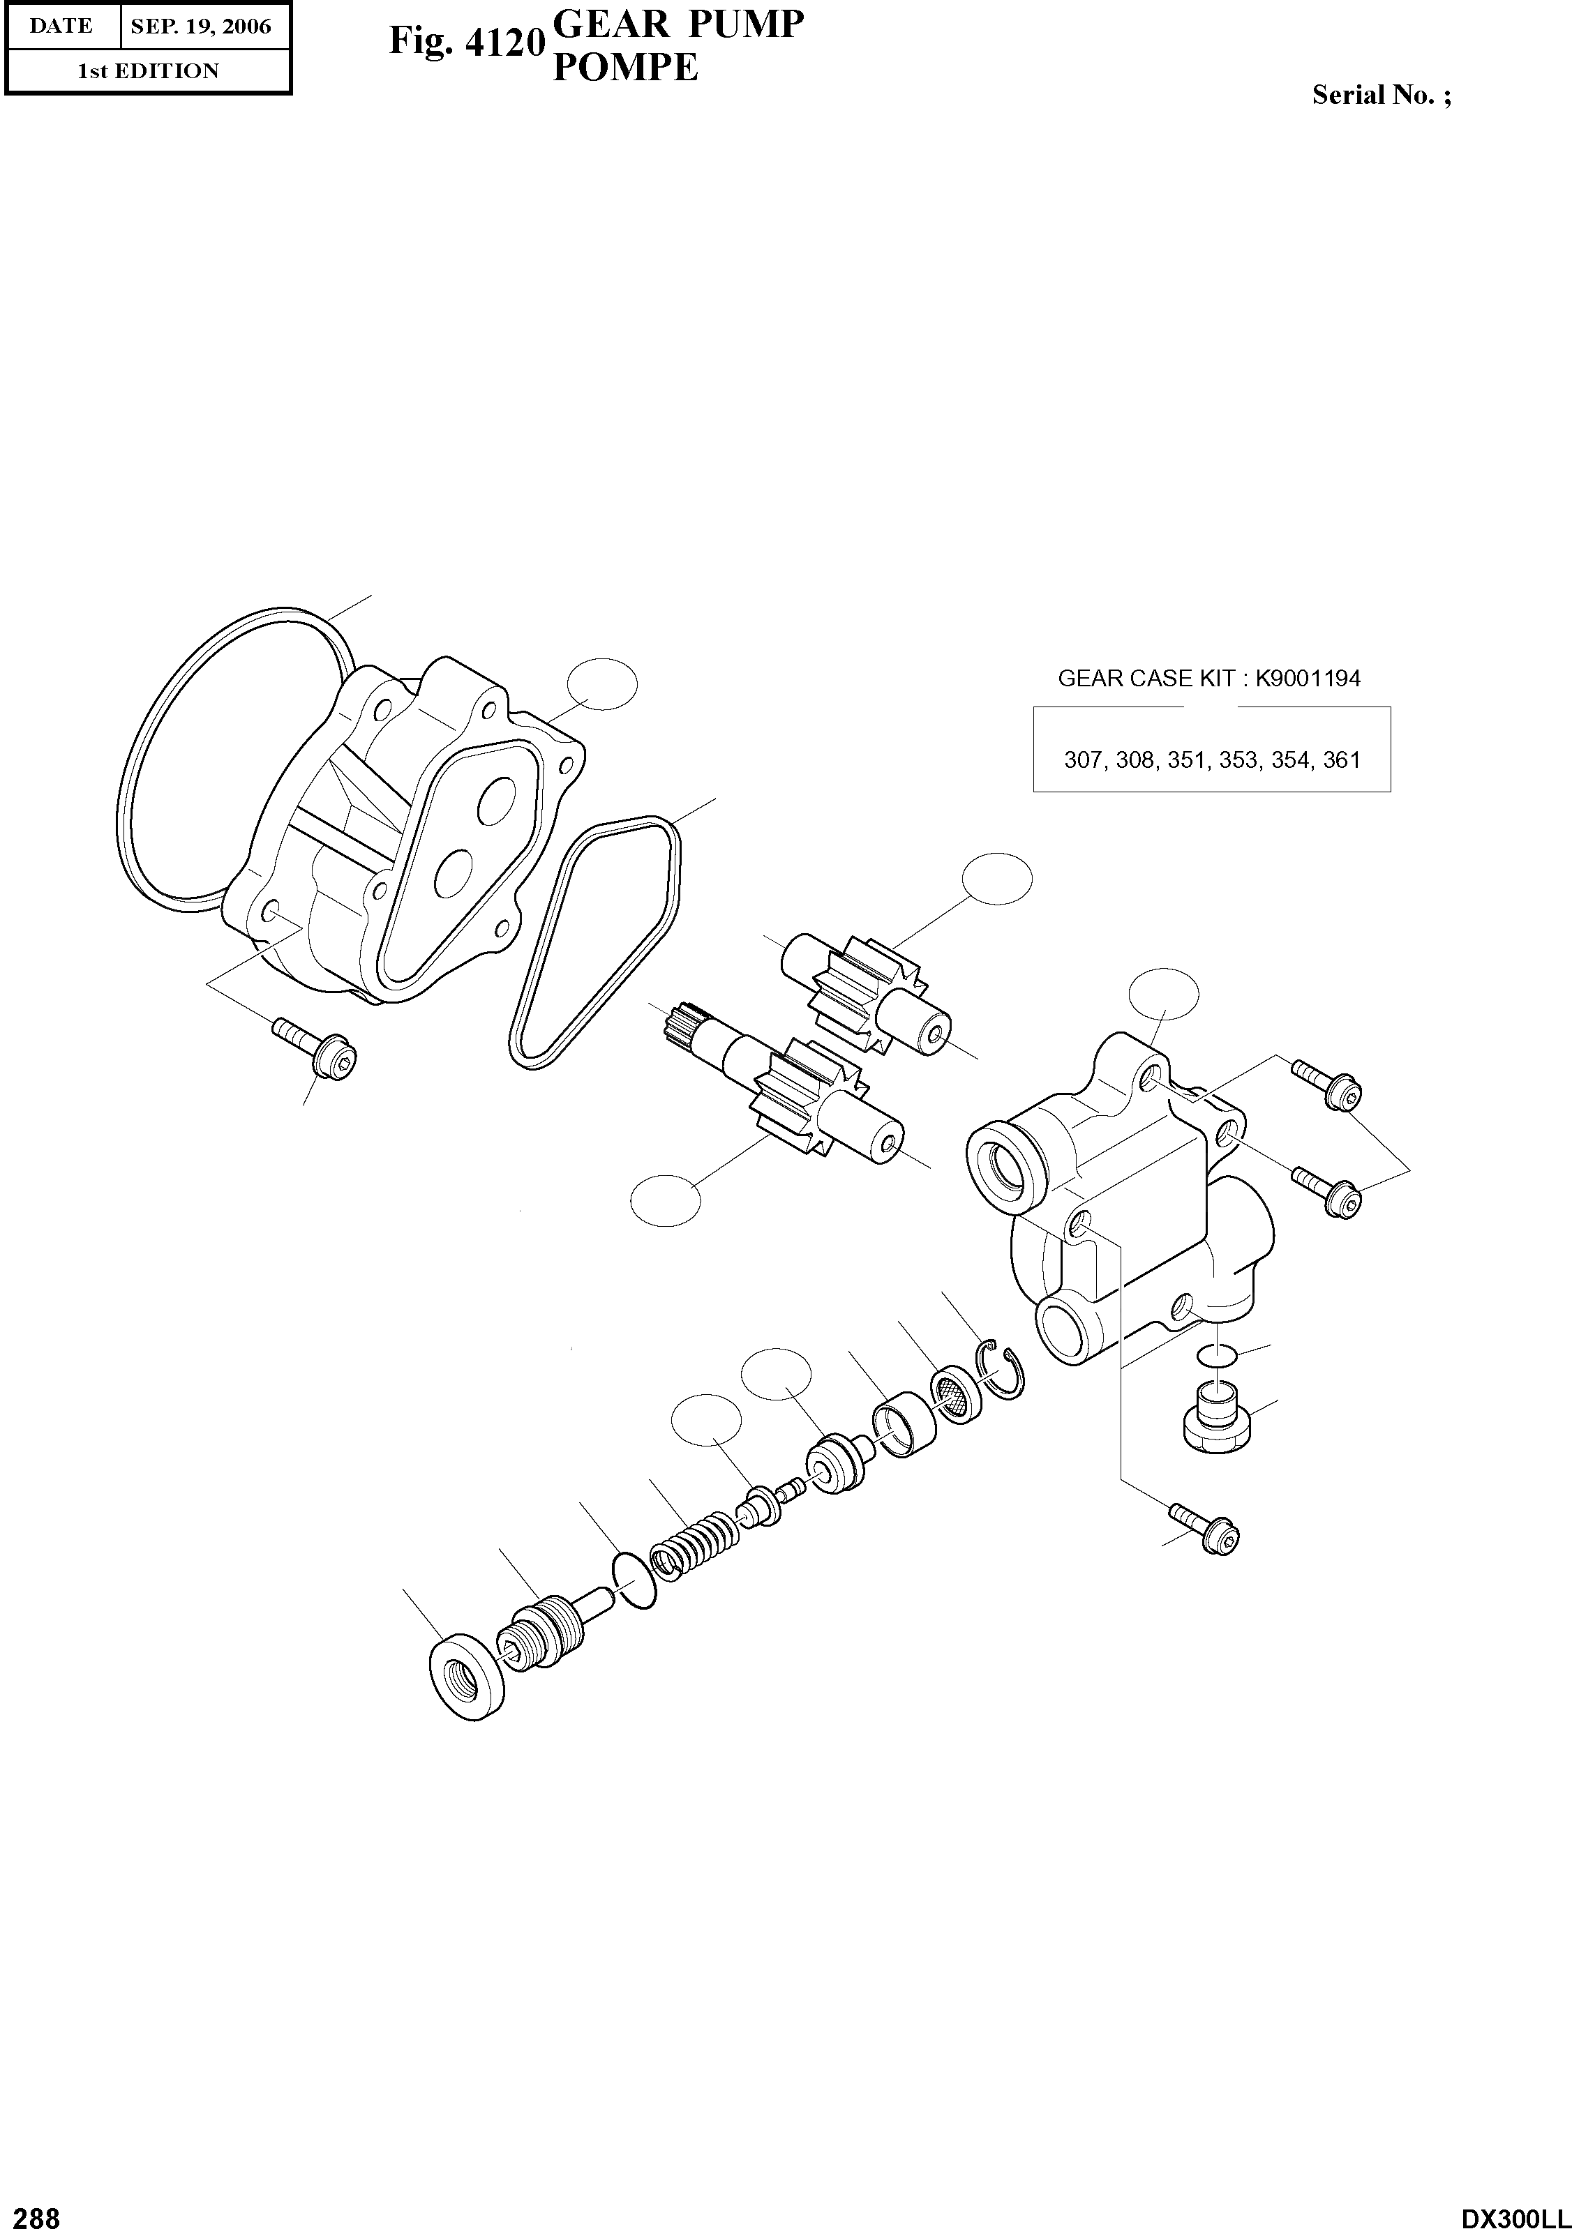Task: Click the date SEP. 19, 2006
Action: (x=201, y=27)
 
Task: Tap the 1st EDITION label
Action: (x=148, y=71)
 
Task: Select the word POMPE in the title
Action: (x=624, y=68)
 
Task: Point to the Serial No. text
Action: (x=1382, y=95)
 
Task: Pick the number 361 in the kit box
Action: (x=1341, y=760)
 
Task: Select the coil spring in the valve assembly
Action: (x=694, y=1543)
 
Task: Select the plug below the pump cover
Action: (x=1215, y=1419)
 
